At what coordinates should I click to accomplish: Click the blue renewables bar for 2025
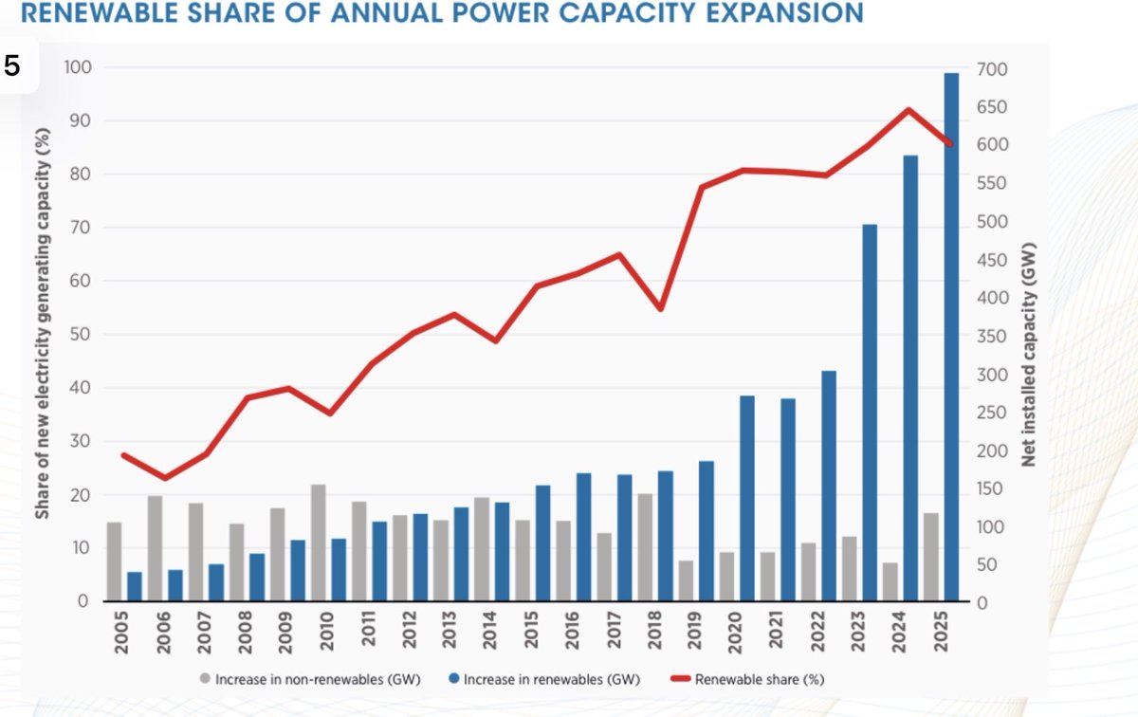pyautogui.click(x=951, y=337)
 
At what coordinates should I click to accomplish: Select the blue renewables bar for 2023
pyautogui.click(x=870, y=413)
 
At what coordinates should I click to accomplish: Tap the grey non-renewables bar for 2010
pyautogui.click(x=318, y=542)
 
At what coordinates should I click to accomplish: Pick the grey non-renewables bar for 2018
pyautogui.click(x=645, y=547)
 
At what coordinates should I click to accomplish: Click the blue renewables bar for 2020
pyautogui.click(x=747, y=499)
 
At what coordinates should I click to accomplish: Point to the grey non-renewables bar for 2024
pyautogui.click(x=890, y=581)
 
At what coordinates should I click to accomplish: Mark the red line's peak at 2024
pyautogui.click(x=909, y=110)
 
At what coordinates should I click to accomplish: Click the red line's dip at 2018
pyautogui.click(x=660, y=308)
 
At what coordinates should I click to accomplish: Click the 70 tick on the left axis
pyautogui.click(x=81, y=227)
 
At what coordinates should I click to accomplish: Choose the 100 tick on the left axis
pyautogui.click(x=77, y=67)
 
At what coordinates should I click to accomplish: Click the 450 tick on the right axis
pyautogui.click(x=992, y=260)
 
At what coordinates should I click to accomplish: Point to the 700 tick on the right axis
pyautogui.click(x=992, y=69)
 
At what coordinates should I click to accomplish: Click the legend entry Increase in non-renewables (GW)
pyautogui.click(x=310, y=679)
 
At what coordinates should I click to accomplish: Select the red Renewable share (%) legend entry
pyautogui.click(x=747, y=679)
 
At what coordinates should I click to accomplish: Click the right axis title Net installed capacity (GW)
pyautogui.click(x=1028, y=355)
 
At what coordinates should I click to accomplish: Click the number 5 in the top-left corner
pyautogui.click(x=11, y=66)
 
